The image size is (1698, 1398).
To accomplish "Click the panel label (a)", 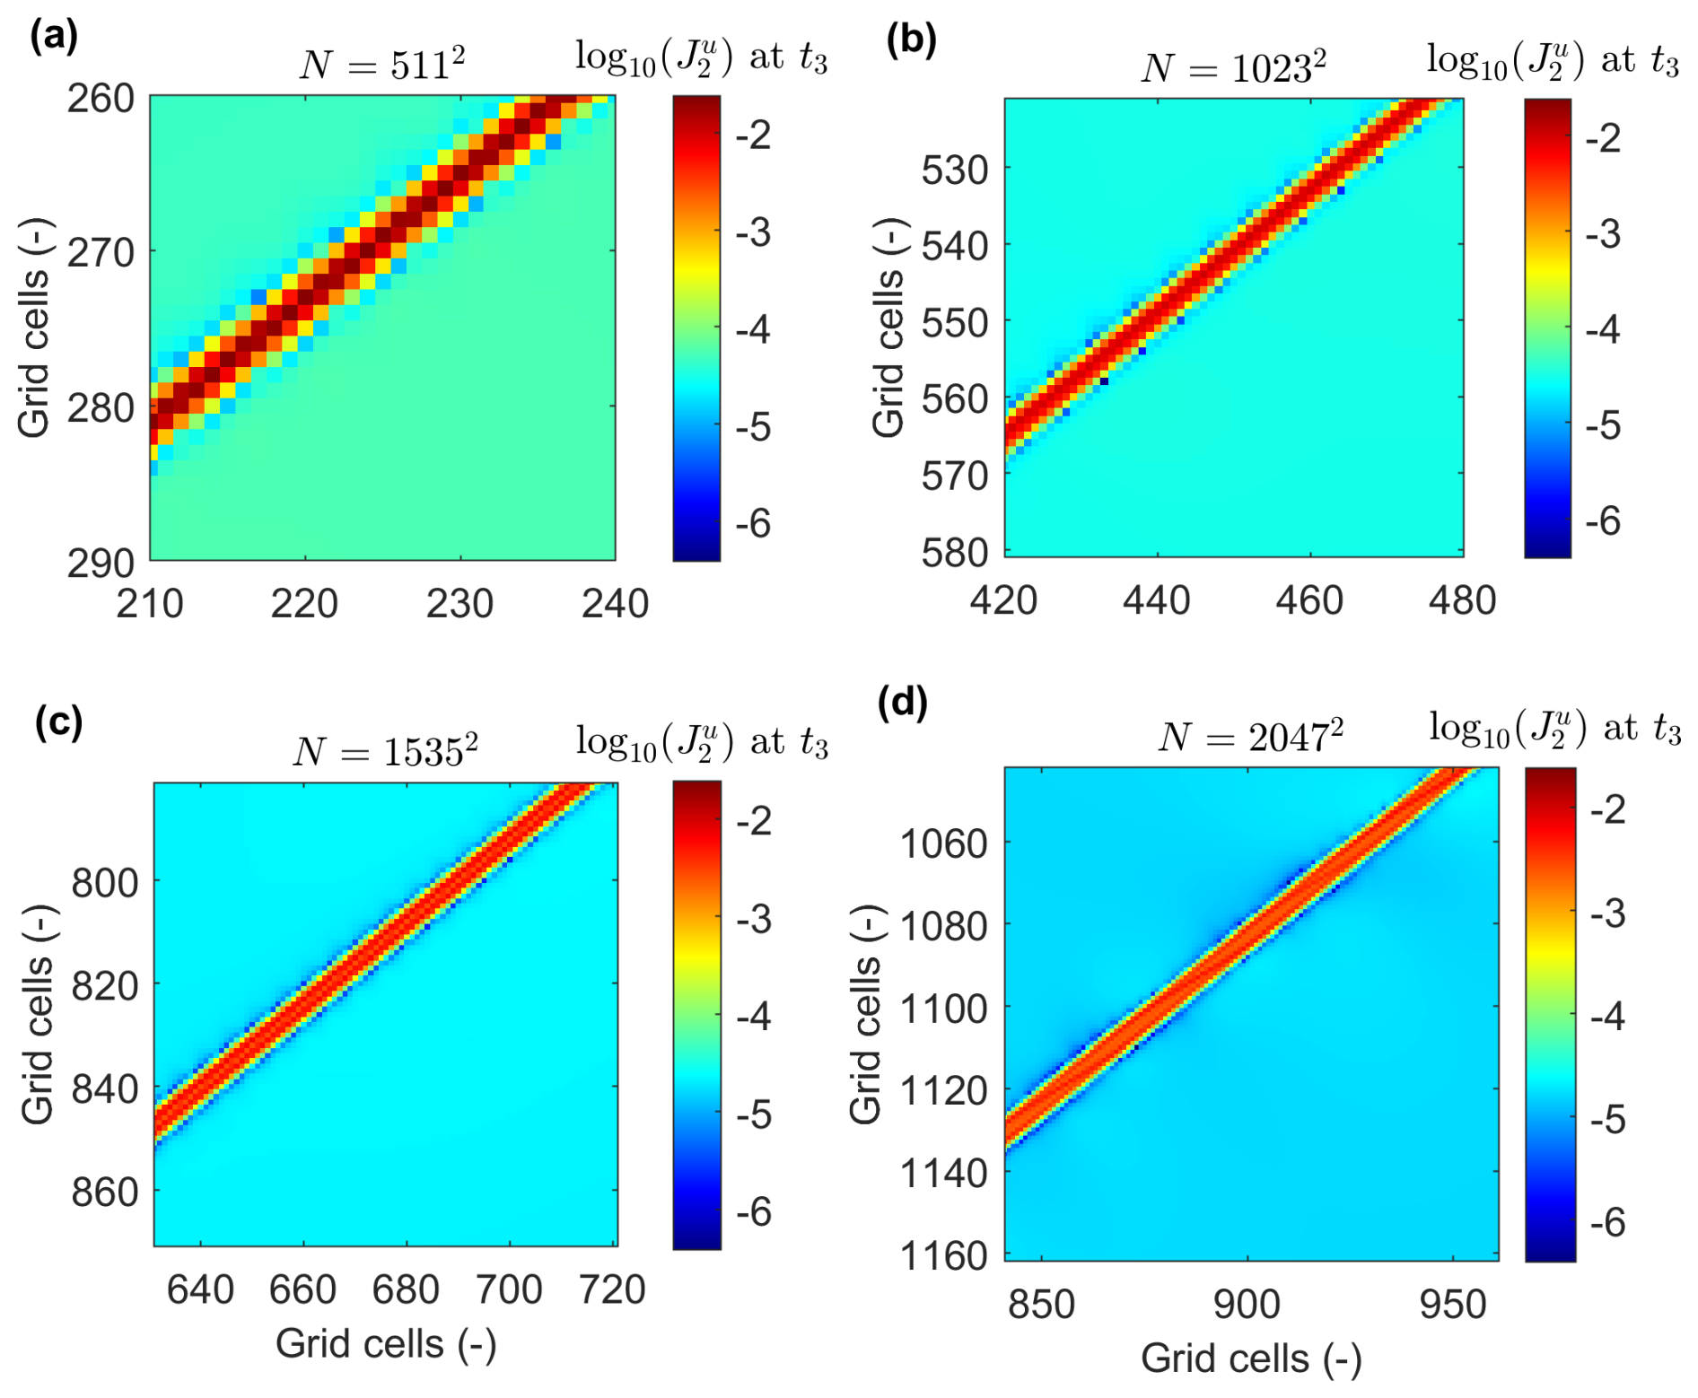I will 54,36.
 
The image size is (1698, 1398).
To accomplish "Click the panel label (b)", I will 911,39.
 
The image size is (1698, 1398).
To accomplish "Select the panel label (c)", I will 58,721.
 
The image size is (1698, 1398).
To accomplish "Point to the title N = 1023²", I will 1234,67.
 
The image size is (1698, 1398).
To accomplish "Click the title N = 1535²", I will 386,750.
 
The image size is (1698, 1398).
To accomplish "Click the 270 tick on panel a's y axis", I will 101,253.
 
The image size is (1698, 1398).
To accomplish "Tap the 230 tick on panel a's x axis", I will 460,604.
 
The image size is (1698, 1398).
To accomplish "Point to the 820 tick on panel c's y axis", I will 105,986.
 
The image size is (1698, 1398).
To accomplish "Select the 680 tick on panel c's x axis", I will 406,1290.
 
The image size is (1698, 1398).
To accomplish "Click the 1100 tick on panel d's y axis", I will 943,1009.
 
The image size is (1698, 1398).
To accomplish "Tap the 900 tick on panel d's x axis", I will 1247,1304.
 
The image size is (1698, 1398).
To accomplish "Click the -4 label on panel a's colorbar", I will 753,329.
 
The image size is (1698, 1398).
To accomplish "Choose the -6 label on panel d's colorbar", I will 1607,1222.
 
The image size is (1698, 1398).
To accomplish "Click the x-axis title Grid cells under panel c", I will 386,1344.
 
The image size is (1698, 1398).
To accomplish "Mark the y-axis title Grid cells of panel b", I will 888,328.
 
